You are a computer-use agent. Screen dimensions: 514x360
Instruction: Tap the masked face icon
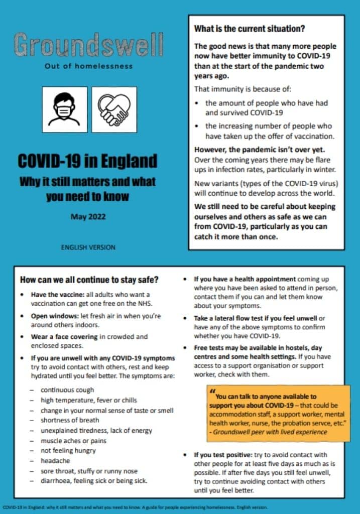64,109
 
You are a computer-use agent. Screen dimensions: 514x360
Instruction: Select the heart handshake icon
114,109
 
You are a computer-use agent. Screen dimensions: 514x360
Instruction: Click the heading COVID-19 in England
88,161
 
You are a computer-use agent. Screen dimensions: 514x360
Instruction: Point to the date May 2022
87,217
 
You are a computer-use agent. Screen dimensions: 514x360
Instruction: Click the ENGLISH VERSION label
88,247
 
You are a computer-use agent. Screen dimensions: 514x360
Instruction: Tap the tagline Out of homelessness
88,66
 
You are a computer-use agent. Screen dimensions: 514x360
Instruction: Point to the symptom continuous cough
67,390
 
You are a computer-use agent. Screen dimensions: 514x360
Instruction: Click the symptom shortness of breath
70,420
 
